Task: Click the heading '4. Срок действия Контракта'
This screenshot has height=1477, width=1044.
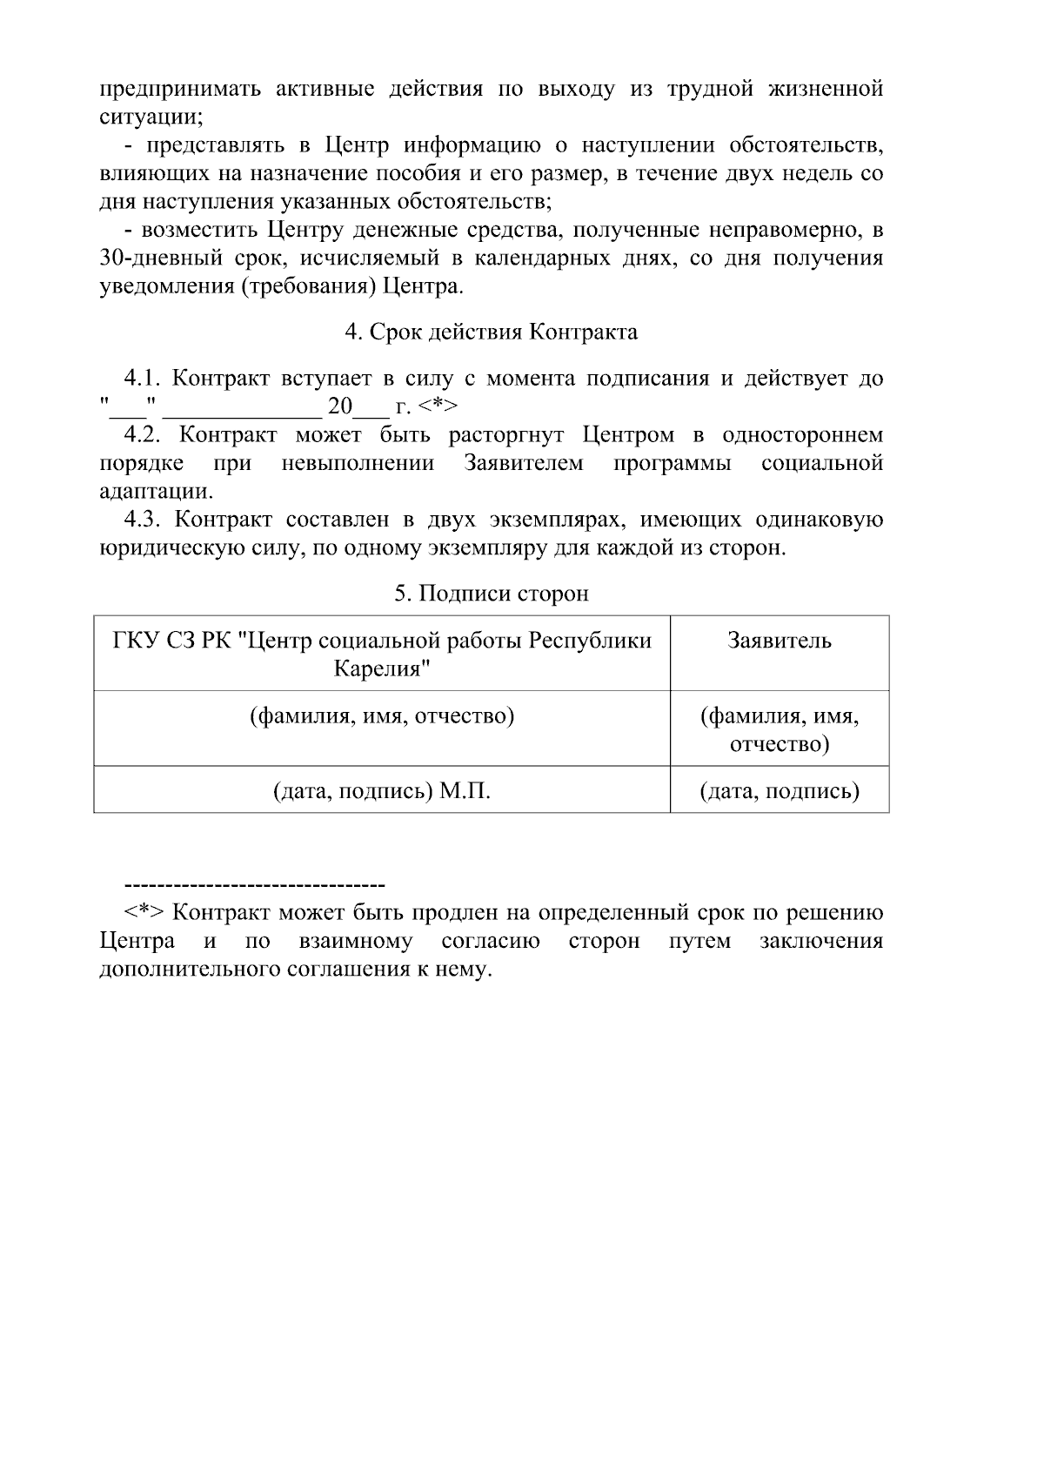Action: tap(491, 332)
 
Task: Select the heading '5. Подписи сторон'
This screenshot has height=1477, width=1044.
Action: tap(491, 594)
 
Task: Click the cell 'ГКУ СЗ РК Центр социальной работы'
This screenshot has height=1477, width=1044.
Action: tap(382, 654)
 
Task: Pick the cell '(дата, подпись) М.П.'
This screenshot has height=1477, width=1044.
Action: tap(382, 791)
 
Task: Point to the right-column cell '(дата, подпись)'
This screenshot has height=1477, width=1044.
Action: tap(779, 791)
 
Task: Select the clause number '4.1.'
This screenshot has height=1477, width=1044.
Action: tap(144, 379)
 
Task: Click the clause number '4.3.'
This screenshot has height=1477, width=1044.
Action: tap(144, 520)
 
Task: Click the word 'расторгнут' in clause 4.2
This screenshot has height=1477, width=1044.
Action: tap(507, 435)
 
